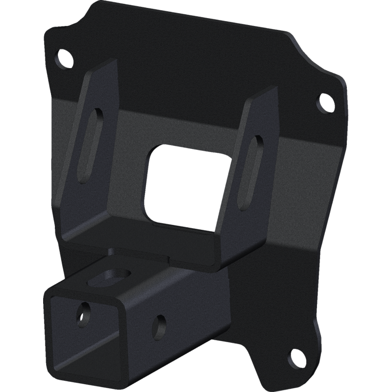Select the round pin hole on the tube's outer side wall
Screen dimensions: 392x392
(x=159, y=324)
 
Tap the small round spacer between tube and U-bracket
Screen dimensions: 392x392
(x=112, y=250)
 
